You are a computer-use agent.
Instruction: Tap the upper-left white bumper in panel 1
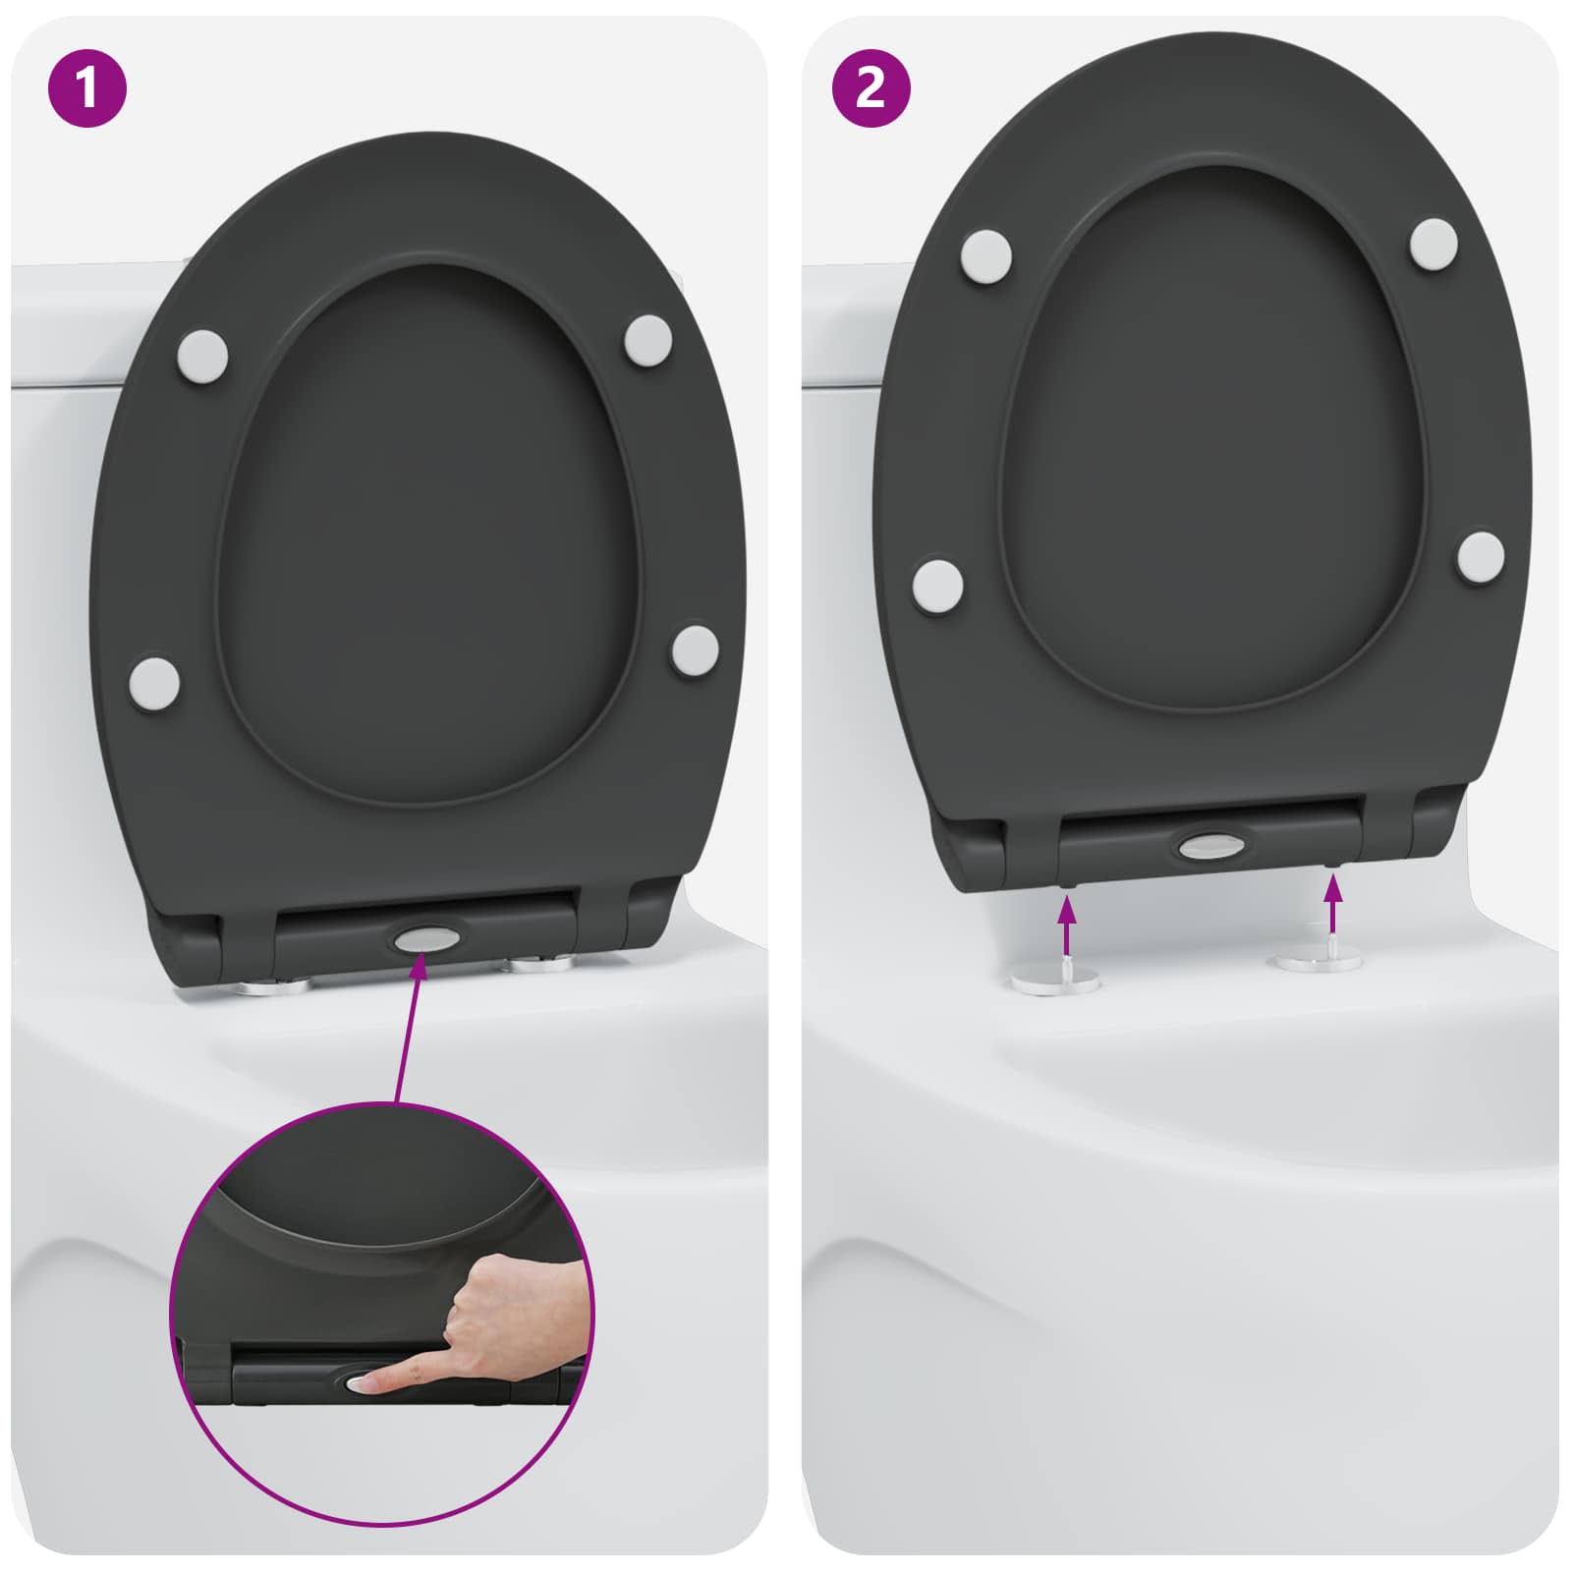pyautogui.click(x=203, y=353)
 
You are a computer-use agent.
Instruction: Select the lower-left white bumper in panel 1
pyautogui.click(x=155, y=681)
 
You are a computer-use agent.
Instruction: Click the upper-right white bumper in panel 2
pyautogui.click(x=1433, y=242)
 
